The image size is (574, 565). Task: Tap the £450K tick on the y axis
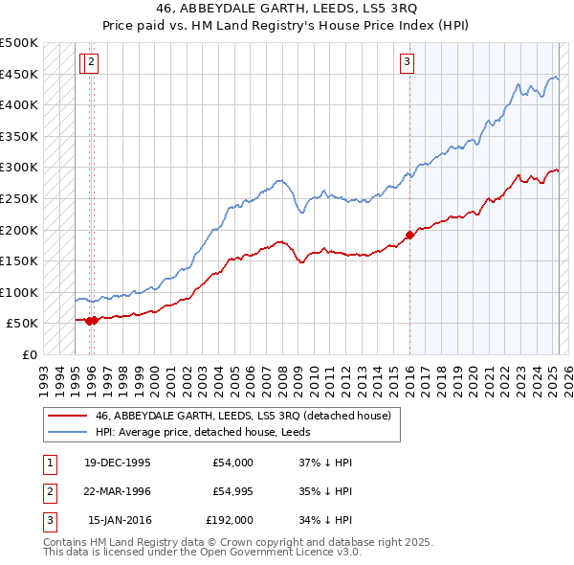click(x=20, y=74)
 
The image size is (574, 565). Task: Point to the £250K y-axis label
click(x=20, y=198)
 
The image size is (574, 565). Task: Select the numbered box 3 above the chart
click(x=407, y=62)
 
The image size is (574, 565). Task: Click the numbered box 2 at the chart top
click(x=91, y=62)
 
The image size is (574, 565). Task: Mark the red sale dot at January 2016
click(x=409, y=234)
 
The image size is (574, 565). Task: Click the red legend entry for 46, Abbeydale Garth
click(x=243, y=416)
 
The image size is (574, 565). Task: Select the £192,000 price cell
click(x=230, y=520)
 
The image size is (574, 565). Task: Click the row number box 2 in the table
click(x=48, y=491)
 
